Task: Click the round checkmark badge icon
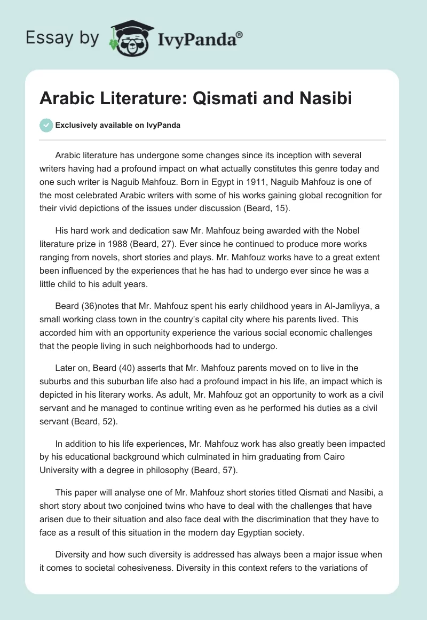pos(46,125)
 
